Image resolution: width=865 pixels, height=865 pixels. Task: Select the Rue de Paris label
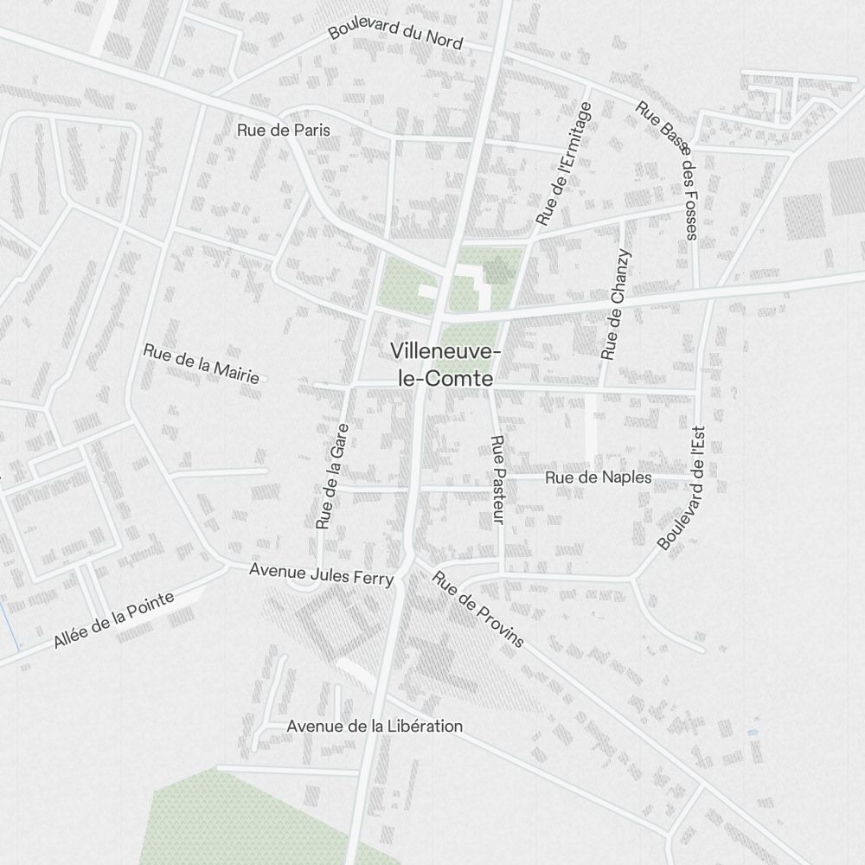click(x=283, y=130)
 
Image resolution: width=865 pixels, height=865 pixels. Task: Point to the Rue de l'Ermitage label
click(x=564, y=163)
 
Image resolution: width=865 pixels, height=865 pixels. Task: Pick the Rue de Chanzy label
click(x=616, y=304)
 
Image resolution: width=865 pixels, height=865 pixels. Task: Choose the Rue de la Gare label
click(x=332, y=476)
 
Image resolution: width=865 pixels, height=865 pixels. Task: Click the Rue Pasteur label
click(x=497, y=479)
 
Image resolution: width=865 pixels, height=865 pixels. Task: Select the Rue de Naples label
click(x=598, y=477)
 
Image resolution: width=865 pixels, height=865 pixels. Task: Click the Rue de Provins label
click(x=478, y=609)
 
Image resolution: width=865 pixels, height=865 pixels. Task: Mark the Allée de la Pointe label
click(x=113, y=620)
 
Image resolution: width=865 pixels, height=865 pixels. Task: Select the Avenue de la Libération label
click(x=375, y=726)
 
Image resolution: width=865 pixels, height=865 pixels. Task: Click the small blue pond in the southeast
click(x=753, y=732)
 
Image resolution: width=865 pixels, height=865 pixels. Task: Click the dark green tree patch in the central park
click(x=498, y=270)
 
